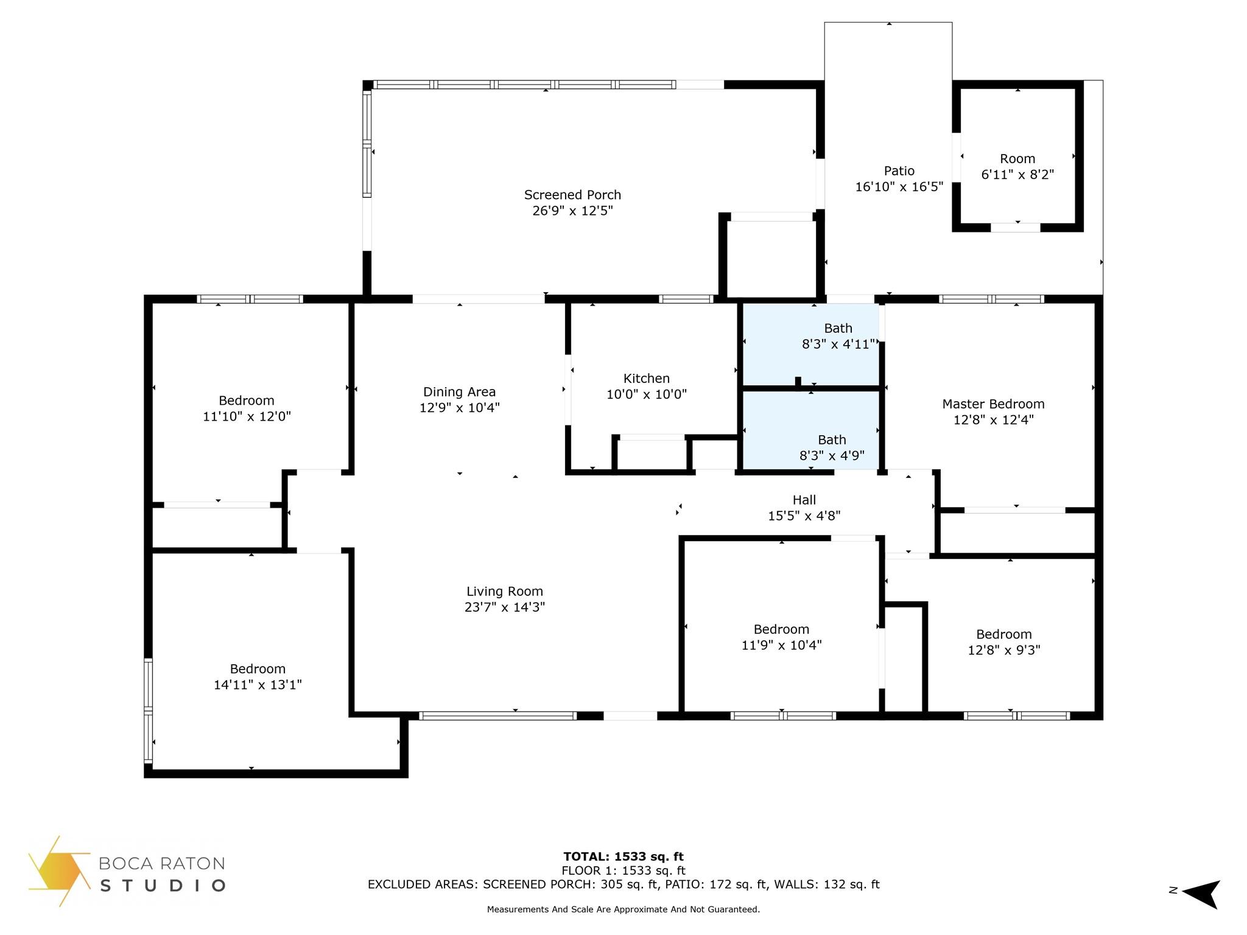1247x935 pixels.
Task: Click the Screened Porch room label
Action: coord(572,195)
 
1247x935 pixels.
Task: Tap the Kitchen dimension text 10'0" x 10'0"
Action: coord(646,394)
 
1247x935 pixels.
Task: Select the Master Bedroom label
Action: coord(993,404)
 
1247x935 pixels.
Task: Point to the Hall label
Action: coord(804,500)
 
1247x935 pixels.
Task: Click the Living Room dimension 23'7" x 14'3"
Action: coord(504,607)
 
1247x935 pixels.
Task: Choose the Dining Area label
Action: coord(459,392)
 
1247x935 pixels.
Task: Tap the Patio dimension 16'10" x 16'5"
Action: coord(899,187)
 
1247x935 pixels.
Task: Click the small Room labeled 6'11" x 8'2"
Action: coord(1017,159)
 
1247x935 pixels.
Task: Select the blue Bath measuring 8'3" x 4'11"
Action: coord(811,344)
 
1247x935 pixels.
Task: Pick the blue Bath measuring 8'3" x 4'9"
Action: coord(811,430)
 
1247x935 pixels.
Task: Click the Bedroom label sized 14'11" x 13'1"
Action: coord(258,668)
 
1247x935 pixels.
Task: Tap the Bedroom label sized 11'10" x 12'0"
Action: coord(247,401)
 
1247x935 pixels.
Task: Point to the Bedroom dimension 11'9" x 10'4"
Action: coord(781,645)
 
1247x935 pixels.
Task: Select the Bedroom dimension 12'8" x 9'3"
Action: coord(1004,650)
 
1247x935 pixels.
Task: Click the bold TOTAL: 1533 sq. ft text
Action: coord(623,857)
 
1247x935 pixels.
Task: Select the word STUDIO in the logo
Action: coord(163,885)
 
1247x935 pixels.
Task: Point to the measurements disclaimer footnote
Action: coord(623,909)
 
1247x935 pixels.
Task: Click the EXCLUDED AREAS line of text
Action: coord(623,884)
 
